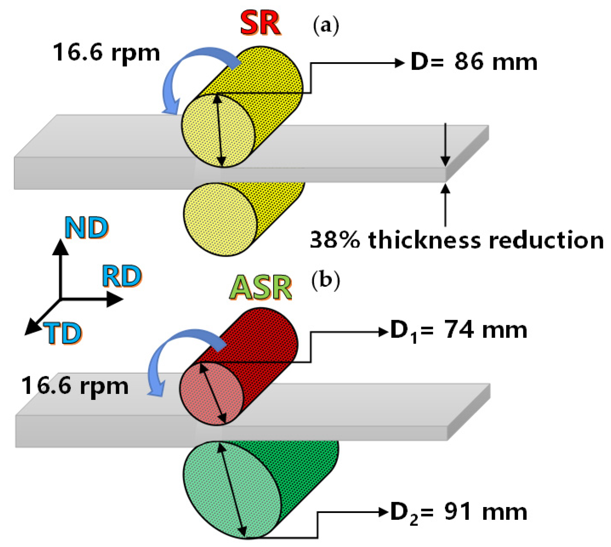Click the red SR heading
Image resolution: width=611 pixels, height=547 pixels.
tap(260, 24)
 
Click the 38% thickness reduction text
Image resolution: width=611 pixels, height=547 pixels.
tap(456, 240)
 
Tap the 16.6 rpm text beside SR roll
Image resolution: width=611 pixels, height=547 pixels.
tap(106, 52)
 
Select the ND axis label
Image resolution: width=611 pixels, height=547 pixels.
tap(86, 227)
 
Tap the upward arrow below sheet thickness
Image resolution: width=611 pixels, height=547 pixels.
tap(445, 204)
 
